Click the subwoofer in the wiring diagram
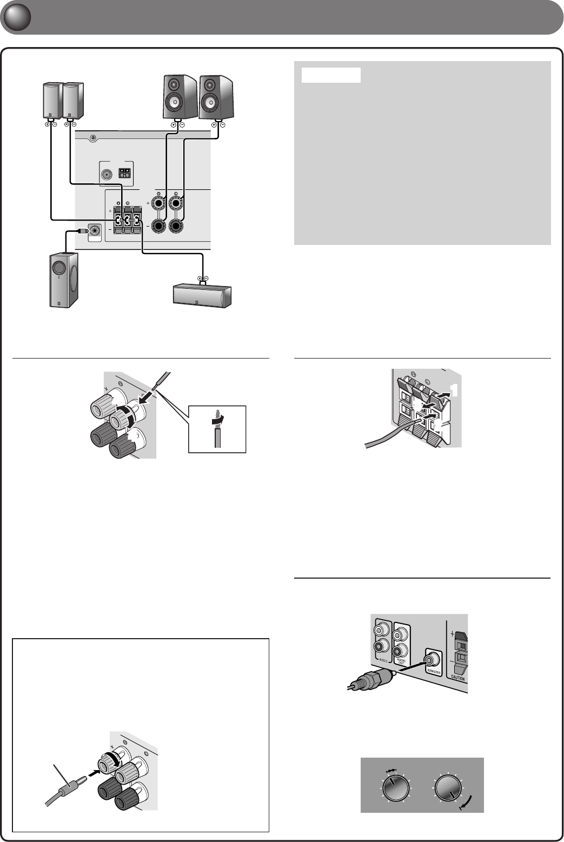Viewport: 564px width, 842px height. pos(61,280)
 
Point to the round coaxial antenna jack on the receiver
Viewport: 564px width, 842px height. pos(107,174)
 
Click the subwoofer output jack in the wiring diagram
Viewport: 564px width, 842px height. pos(95,231)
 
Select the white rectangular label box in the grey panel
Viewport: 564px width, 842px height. pos(331,75)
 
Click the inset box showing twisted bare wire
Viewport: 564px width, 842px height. pos(217,428)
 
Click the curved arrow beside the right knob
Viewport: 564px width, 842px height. pos(467,801)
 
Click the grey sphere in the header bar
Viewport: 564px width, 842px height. pos(15,18)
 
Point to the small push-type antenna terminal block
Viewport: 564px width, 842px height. pos(125,173)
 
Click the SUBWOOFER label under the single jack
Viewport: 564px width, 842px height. pos(434,671)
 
